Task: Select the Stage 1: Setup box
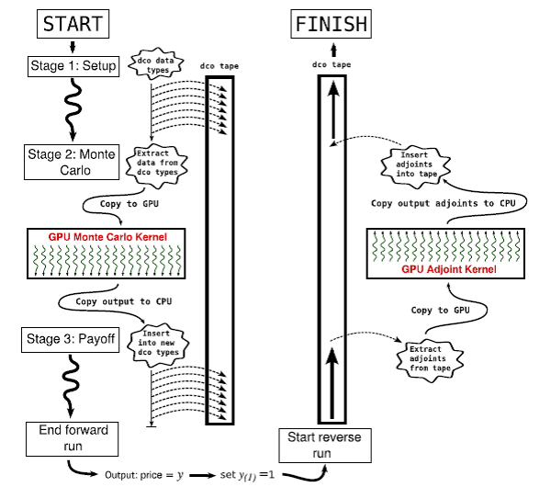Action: [x=73, y=65]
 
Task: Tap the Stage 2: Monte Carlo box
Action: [x=73, y=163]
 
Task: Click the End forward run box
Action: [x=73, y=438]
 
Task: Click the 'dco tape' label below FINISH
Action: [x=332, y=65]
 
